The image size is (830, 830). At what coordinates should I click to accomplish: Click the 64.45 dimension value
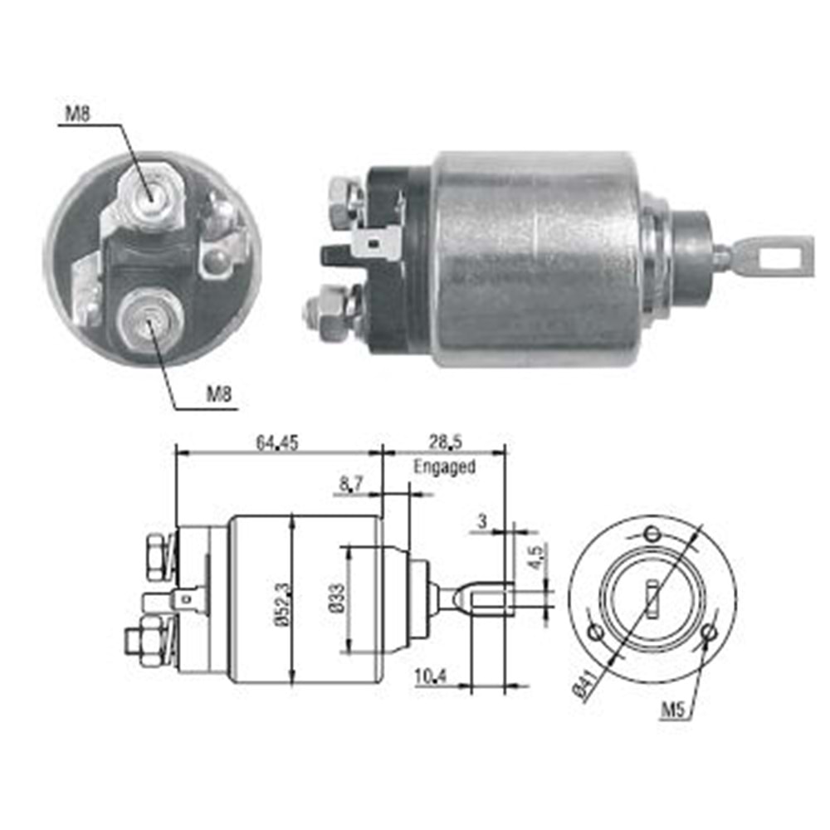click(x=277, y=442)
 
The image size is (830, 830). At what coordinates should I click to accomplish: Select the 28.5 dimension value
click(x=445, y=442)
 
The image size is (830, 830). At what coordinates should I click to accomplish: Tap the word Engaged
click(x=444, y=466)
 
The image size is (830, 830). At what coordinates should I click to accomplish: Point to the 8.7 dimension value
click(x=350, y=485)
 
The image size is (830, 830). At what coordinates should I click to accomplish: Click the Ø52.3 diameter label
click(x=282, y=605)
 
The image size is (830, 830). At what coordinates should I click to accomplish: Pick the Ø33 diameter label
click(x=337, y=598)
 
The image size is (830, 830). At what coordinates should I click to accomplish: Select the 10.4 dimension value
click(x=431, y=676)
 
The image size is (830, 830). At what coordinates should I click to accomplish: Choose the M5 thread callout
click(x=673, y=710)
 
